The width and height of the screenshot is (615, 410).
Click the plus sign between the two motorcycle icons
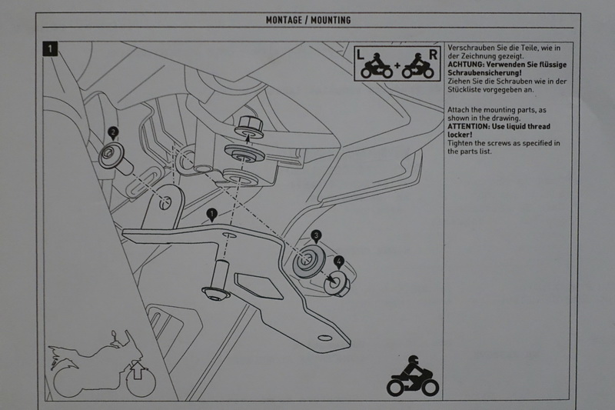pyautogui.click(x=397, y=65)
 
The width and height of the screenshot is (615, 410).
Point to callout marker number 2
pyautogui.click(x=114, y=132)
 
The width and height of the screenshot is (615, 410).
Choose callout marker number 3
pyautogui.click(x=315, y=236)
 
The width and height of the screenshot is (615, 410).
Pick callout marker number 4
pyautogui.click(x=339, y=262)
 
